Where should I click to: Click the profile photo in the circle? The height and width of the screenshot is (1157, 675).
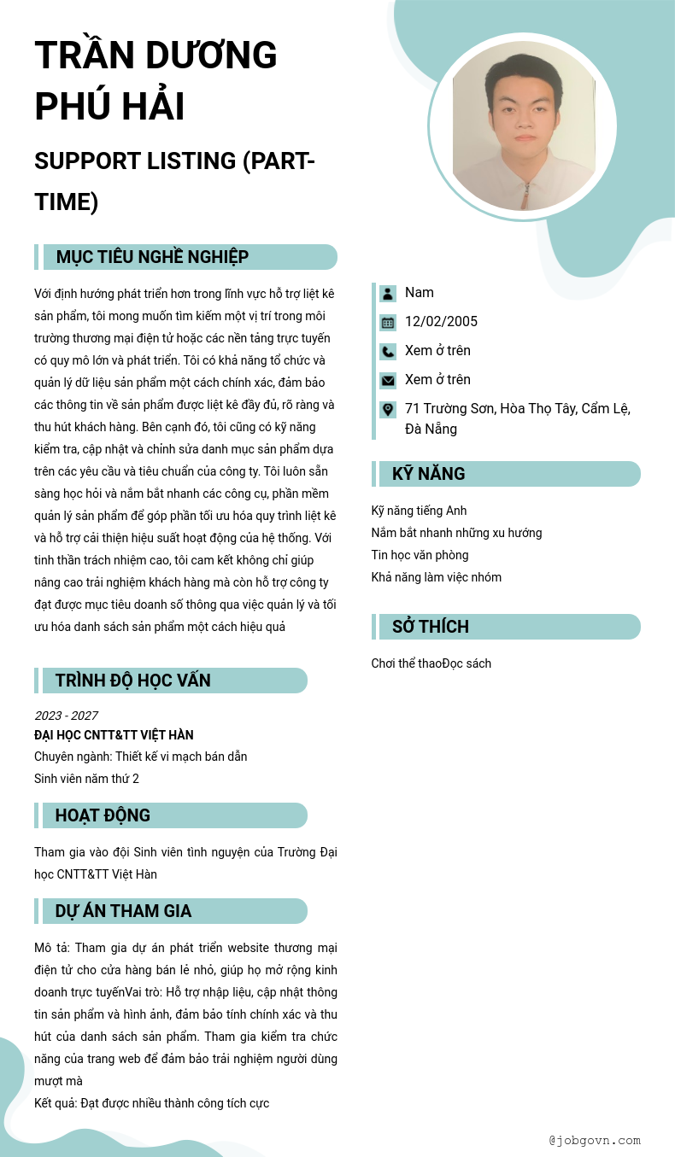[522, 126]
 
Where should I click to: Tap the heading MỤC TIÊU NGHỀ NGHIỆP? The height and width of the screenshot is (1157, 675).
[152, 257]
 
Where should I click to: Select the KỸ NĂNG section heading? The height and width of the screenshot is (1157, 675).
[428, 474]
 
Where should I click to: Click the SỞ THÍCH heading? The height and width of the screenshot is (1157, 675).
[431, 627]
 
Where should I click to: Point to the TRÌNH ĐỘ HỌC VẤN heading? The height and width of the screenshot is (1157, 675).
[132, 681]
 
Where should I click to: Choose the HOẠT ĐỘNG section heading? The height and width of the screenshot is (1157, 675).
[103, 815]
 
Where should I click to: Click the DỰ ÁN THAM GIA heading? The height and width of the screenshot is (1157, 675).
[123, 911]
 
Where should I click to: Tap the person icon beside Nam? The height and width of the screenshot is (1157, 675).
[388, 294]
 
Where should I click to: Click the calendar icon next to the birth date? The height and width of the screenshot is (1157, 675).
[388, 323]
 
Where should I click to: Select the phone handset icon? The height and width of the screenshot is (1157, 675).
[388, 352]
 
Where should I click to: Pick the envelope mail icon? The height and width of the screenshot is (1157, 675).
[388, 381]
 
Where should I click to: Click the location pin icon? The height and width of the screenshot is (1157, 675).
[388, 410]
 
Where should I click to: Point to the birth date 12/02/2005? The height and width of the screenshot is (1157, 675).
[441, 322]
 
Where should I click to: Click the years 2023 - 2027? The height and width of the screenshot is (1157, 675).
[66, 716]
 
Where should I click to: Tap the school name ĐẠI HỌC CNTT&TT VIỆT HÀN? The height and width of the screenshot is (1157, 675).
[114, 735]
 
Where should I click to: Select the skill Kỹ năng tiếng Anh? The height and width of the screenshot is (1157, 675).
[419, 511]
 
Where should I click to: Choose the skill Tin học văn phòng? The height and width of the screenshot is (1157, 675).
[420, 555]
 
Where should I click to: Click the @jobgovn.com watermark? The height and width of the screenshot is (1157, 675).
[595, 1140]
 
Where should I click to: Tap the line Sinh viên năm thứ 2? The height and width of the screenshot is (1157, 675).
[86, 779]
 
